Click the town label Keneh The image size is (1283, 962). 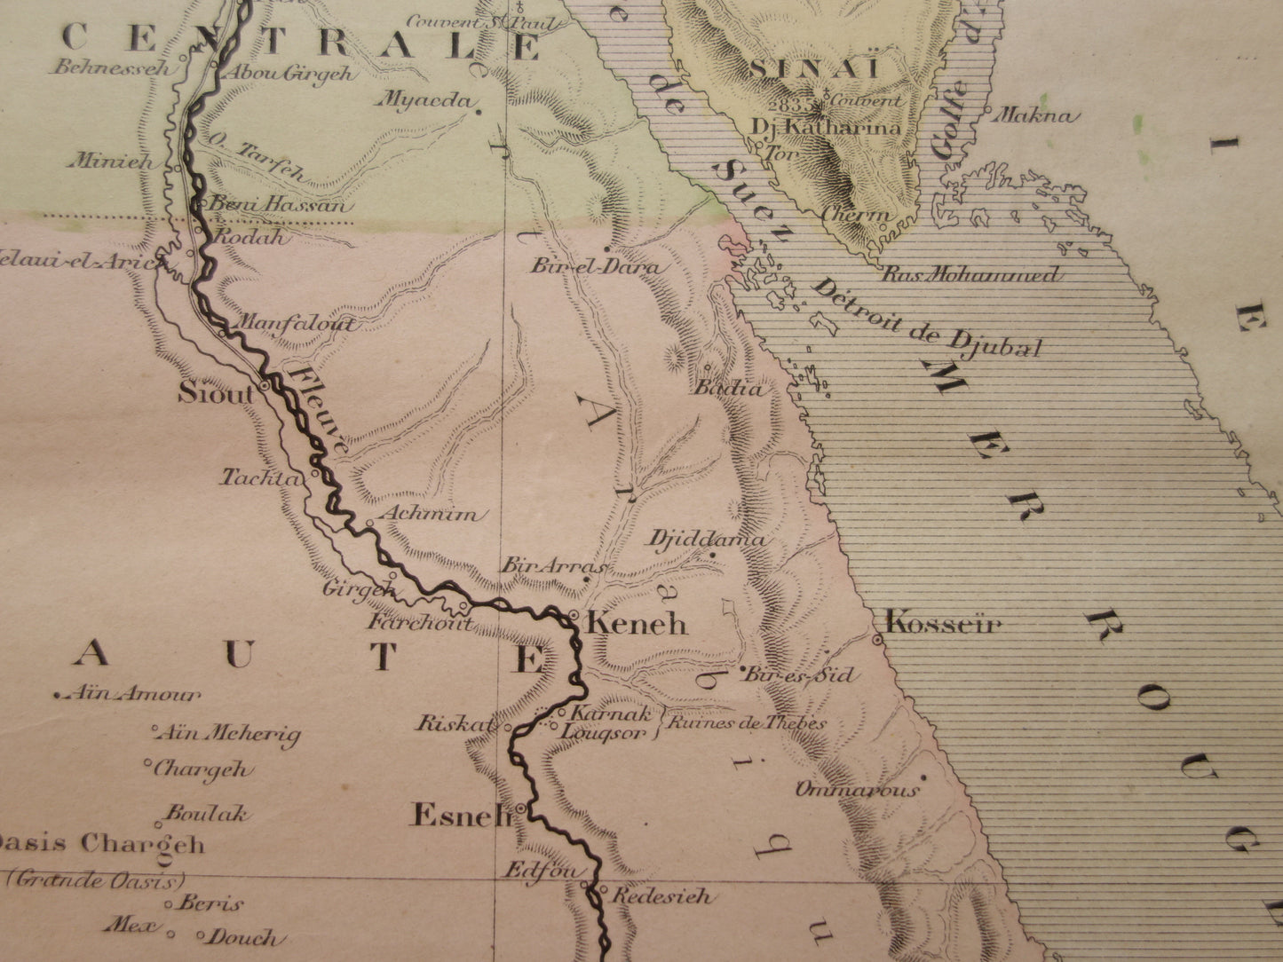[x=638, y=624]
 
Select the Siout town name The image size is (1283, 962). [x=217, y=393]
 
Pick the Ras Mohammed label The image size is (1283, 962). [x=970, y=274]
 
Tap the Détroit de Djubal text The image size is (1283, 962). [x=927, y=318]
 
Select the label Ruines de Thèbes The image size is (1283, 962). [x=746, y=722]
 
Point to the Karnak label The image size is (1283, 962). [x=613, y=713]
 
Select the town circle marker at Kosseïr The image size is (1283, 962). [x=877, y=640]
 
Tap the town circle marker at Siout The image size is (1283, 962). [x=265, y=388]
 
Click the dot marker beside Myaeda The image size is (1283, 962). [x=479, y=112]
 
